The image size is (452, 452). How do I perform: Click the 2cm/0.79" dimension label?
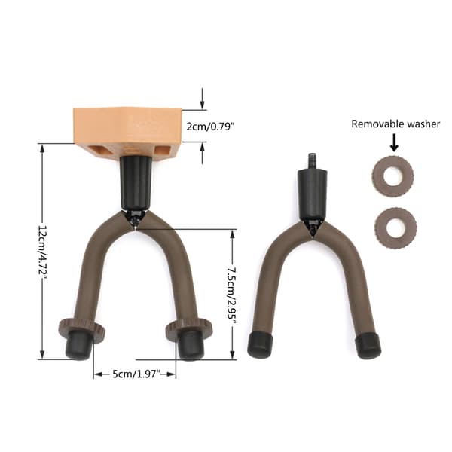[209, 127]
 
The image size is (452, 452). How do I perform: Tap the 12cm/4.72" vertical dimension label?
[41, 252]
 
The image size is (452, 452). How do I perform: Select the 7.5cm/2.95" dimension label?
[231, 295]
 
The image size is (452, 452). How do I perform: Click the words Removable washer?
[395, 124]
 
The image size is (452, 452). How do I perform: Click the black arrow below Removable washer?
[394, 143]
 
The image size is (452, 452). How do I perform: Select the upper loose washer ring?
[392, 176]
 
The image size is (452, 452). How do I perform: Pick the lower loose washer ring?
[395, 228]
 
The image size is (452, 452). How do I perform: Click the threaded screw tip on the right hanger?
[312, 161]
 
